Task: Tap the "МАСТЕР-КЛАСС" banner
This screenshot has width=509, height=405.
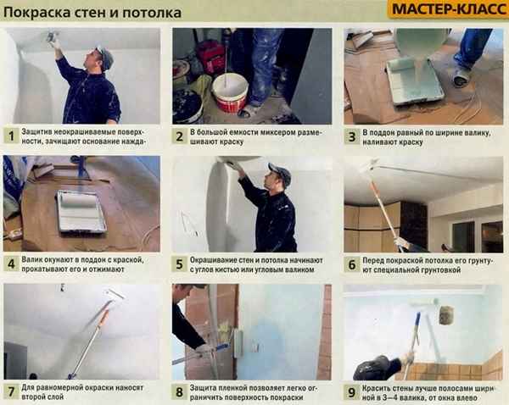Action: [443, 10]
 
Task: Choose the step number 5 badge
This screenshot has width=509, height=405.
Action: [180, 264]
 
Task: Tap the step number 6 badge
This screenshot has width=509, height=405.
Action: [351, 264]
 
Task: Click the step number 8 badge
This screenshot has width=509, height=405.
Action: [180, 391]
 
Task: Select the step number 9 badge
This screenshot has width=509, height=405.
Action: [351, 391]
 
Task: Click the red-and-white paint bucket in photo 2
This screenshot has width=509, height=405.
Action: [230, 93]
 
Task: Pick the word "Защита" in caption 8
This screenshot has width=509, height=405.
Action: [209, 386]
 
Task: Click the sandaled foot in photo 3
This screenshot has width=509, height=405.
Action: [460, 77]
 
